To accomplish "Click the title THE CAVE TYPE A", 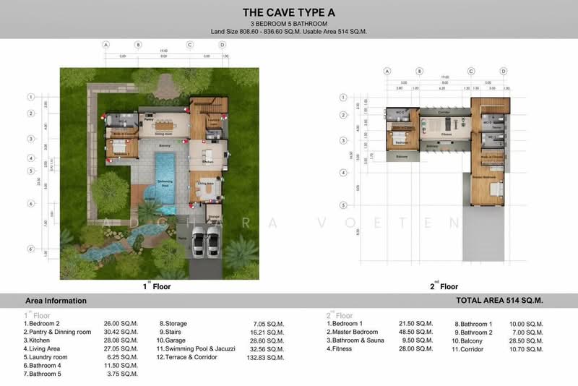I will pos(288,12).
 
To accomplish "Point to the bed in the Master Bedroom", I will pos(495,190).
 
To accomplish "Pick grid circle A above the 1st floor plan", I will pos(106,45).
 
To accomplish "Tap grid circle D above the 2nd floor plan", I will pos(504,71).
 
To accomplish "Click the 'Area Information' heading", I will pos(56,301).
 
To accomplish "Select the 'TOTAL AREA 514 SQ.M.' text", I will pos(499,301).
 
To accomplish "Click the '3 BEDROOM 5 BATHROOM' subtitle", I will pos(288,23).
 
